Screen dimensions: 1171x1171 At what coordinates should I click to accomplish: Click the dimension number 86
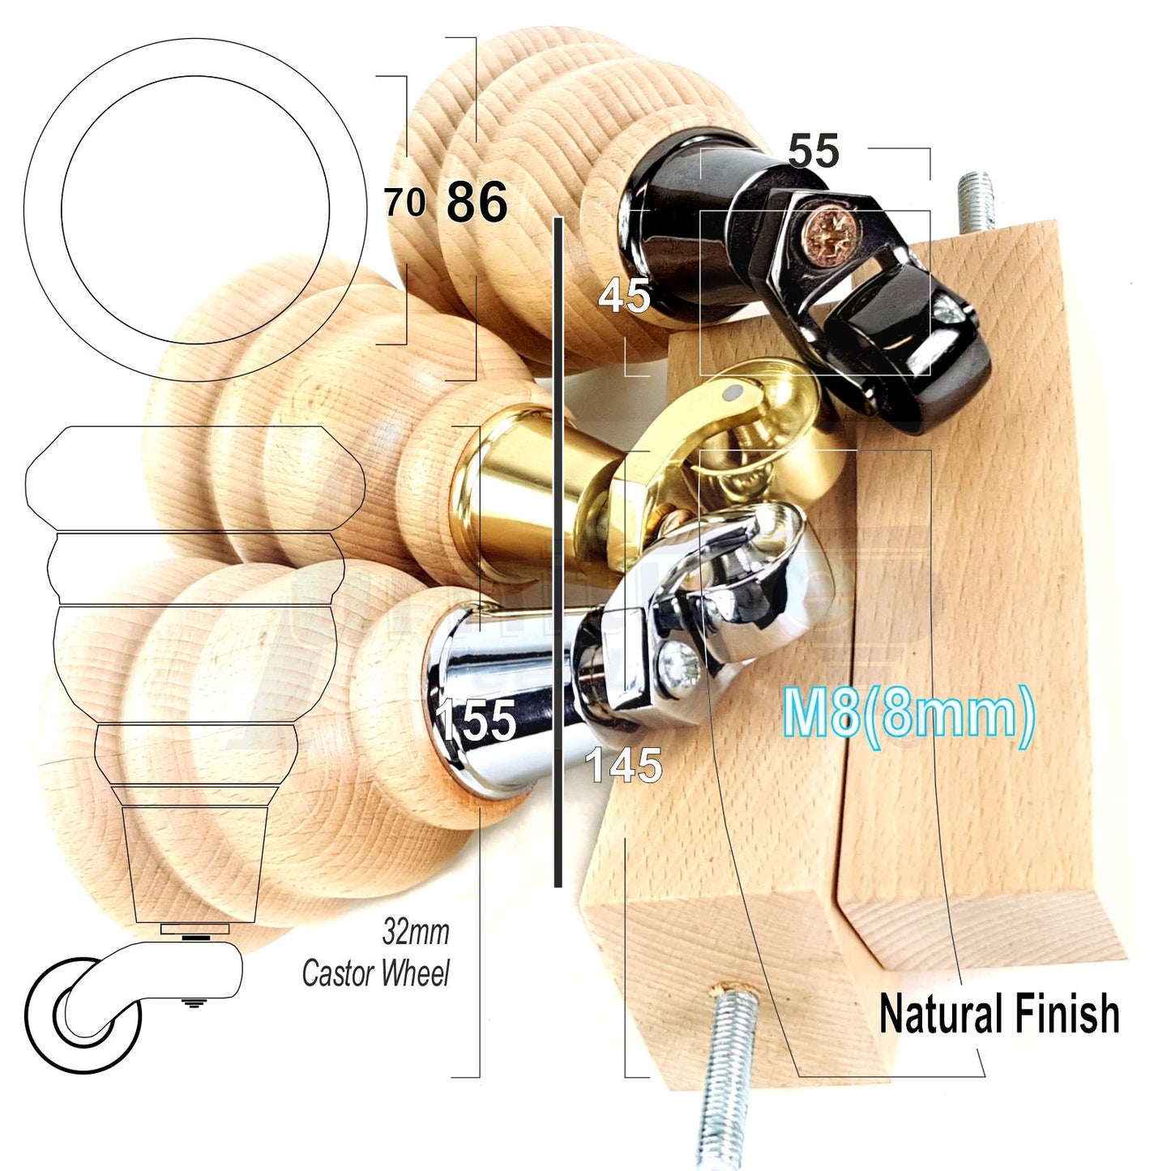477,202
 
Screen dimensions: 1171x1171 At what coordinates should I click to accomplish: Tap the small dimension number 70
404,202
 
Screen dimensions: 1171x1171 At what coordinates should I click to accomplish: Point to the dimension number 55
813,152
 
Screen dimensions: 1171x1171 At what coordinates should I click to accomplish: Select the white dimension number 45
624,296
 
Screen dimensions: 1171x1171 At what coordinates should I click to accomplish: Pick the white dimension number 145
623,765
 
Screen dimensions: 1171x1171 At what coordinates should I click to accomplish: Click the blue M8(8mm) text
908,713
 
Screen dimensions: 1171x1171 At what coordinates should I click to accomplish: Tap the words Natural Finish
998,1015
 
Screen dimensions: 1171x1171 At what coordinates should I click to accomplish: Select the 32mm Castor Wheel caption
377,953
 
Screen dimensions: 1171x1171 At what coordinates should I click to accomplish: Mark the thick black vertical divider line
558,551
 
